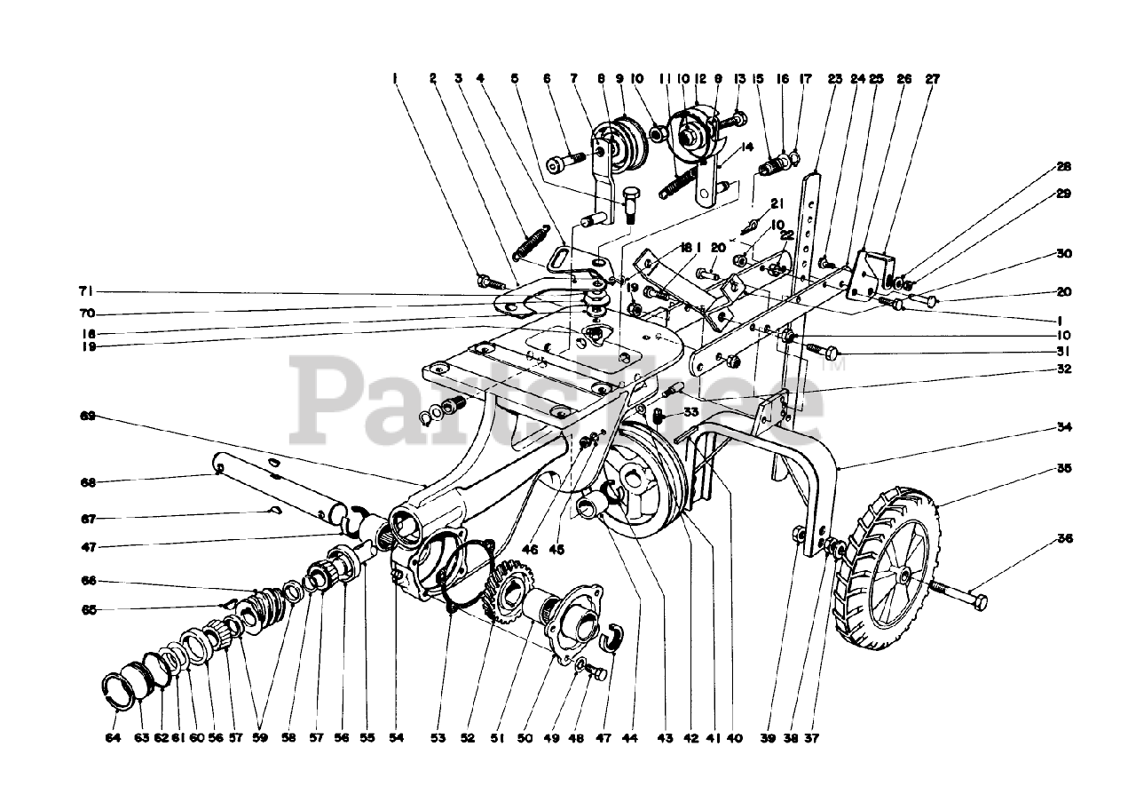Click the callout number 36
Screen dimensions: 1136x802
1064,538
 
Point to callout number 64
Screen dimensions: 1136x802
112,737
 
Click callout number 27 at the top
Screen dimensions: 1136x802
932,78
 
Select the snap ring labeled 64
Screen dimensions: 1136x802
114,691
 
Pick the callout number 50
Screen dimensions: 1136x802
524,737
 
